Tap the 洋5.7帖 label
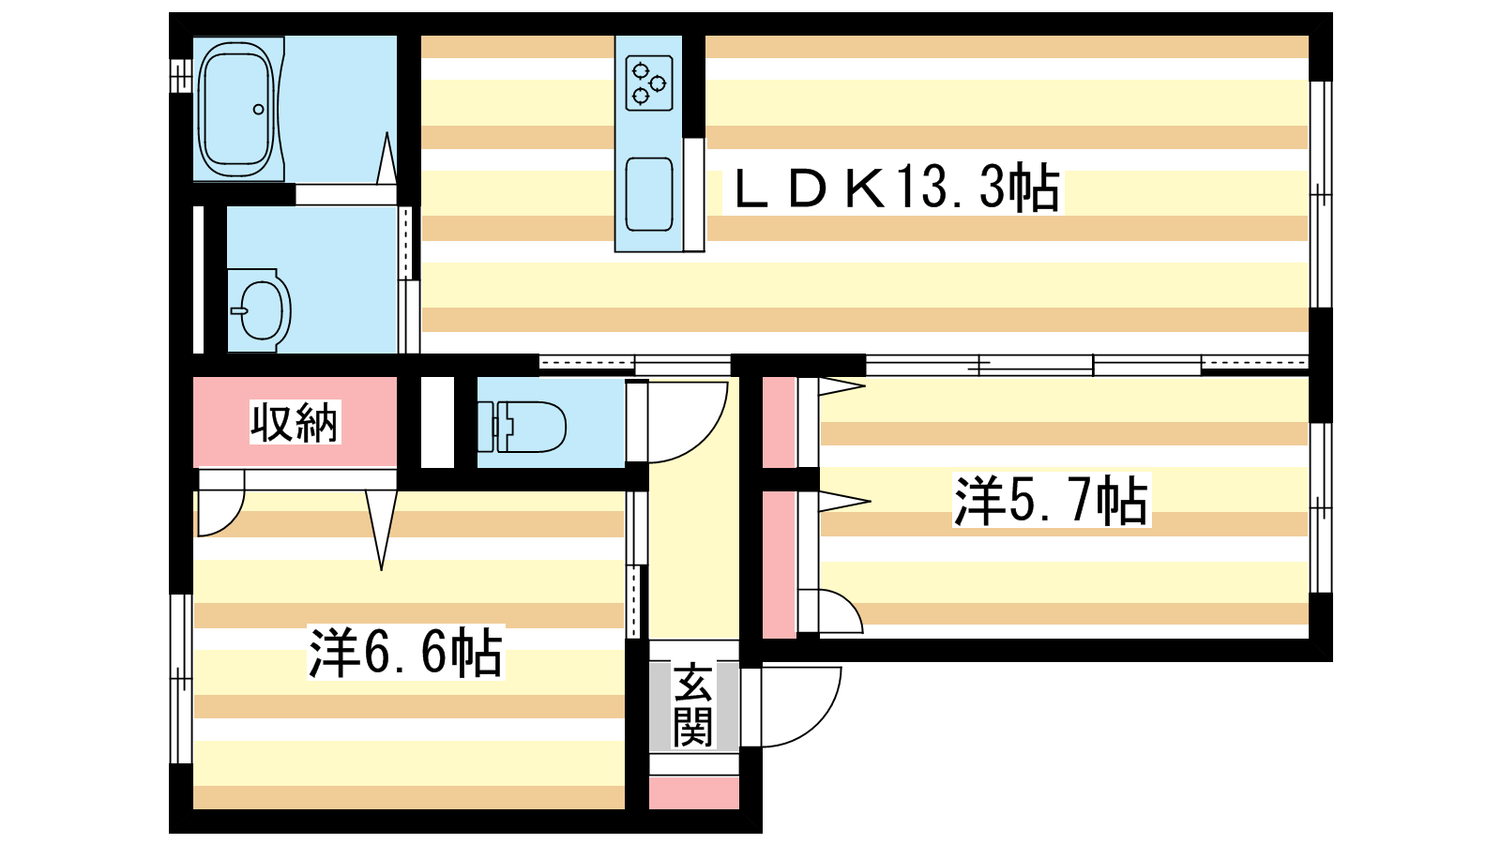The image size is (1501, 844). (x=1051, y=501)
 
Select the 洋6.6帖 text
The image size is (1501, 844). (x=405, y=652)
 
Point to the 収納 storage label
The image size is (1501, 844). (x=295, y=422)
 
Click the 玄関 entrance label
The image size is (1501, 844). (x=692, y=705)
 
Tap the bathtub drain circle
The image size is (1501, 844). (x=259, y=109)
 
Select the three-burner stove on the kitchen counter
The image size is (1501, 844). (x=648, y=83)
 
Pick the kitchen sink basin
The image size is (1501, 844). (x=648, y=194)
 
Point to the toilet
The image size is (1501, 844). (x=522, y=426)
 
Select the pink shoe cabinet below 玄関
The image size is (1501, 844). (x=694, y=792)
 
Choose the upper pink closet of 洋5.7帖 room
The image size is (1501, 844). (x=780, y=423)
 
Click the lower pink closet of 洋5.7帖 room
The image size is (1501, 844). (x=780, y=565)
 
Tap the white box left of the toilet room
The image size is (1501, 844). (x=437, y=423)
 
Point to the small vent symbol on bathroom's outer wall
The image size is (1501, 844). (x=180, y=76)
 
